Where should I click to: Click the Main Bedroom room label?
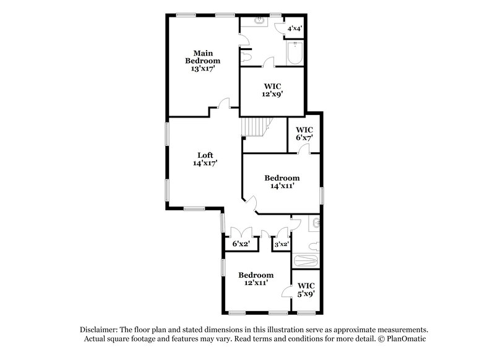point(203,56)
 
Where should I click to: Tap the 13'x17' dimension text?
point(203,69)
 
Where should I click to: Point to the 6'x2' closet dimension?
point(241,244)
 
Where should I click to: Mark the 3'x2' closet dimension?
point(282,244)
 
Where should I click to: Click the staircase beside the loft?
point(254,128)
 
